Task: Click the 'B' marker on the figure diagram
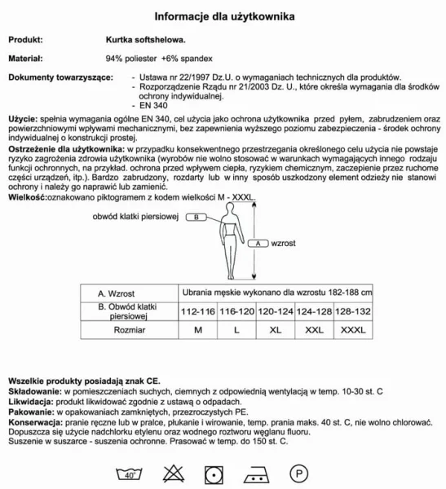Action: pyautogui.click(x=197, y=218)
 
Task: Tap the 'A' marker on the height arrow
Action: pyautogui.click(x=258, y=243)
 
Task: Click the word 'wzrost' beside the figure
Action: pyautogui.click(x=283, y=243)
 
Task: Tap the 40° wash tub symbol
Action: pyautogui.click(x=127, y=472)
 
